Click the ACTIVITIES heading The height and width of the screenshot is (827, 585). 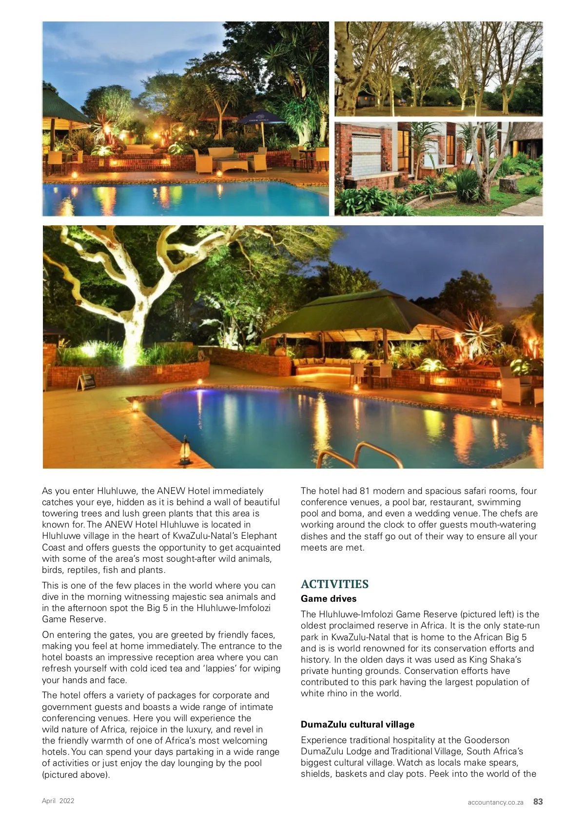coord(334,584)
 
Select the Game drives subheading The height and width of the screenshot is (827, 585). coord(329,599)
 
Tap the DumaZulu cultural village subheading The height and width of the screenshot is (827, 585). coord(357,725)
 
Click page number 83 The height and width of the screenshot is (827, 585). coord(538,802)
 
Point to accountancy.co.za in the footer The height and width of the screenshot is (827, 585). coord(495,802)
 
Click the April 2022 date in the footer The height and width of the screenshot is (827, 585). coord(58,801)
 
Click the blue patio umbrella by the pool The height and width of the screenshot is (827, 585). coord(261,118)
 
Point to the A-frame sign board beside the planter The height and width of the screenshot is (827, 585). coord(86,381)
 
